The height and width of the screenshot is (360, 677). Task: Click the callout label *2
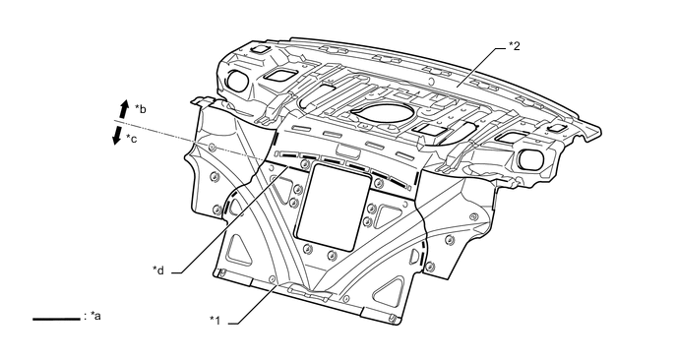click(x=515, y=46)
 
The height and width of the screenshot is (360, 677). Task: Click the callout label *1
click(x=215, y=321)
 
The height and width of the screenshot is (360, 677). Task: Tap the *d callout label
click(x=158, y=270)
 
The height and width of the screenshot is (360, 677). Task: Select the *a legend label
click(x=95, y=316)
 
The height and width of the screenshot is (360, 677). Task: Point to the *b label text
click(x=141, y=109)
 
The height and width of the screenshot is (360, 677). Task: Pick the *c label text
click(x=131, y=138)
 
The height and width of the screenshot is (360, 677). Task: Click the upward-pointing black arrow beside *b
click(x=124, y=109)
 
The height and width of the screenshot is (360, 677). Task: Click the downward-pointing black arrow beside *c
click(x=116, y=134)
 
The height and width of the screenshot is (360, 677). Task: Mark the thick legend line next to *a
click(x=56, y=319)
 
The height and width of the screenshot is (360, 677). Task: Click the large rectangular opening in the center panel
click(x=333, y=208)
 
